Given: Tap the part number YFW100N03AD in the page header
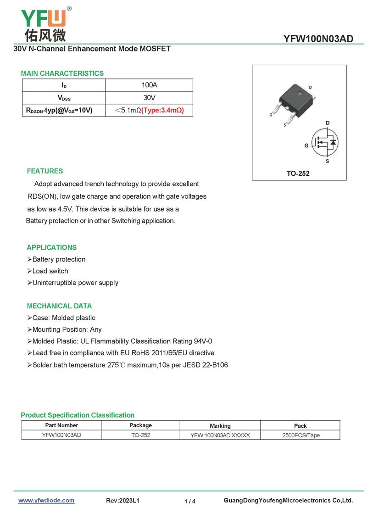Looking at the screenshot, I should (x=318, y=39).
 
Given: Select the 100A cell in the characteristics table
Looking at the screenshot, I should (x=150, y=85).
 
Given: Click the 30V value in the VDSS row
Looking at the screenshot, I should (x=150, y=98).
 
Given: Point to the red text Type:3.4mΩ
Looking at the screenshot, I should (x=162, y=110).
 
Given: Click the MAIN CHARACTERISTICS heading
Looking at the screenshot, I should (x=62, y=73).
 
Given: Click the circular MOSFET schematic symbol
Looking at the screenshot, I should (x=325, y=143).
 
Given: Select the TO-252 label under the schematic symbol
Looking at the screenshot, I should (x=298, y=173).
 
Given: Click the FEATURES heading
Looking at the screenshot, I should (x=45, y=171).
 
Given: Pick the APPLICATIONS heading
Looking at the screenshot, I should (x=52, y=247).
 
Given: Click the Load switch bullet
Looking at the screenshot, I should (x=50, y=271).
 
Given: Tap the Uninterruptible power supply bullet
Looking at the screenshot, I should (x=75, y=283).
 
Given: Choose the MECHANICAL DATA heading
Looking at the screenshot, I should (x=59, y=306).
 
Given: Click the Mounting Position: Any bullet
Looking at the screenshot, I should (x=67, y=329).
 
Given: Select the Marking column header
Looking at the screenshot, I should (x=220, y=426).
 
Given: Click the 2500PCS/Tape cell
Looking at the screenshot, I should (x=300, y=435).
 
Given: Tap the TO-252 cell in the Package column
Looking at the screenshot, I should (x=140, y=435).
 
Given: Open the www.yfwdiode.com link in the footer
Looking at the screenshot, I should (x=46, y=501).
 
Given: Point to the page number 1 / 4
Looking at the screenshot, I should (x=190, y=502).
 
